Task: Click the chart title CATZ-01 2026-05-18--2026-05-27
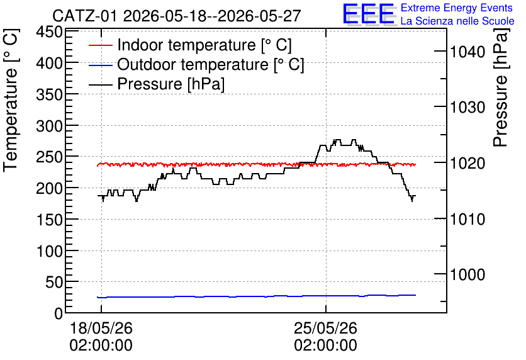point(176,16)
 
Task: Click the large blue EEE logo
point(369,14)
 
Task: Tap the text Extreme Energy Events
point(457,8)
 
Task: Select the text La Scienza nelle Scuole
point(457,21)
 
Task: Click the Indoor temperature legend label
point(204,45)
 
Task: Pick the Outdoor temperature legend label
point(211,64)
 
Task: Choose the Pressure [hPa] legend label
point(171,84)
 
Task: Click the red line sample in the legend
point(100,45)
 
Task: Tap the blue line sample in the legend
point(100,65)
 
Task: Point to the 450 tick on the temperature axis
point(50,33)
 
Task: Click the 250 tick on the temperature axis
point(50,157)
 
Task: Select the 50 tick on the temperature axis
point(54,282)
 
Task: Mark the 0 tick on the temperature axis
point(59,313)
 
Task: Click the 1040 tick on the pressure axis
point(467,52)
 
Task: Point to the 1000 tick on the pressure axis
point(467,274)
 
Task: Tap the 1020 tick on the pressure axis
point(467,164)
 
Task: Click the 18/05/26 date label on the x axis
point(101,328)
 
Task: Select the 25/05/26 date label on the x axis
point(325,328)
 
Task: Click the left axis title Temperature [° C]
point(11,100)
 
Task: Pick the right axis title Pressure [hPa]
point(501,87)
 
